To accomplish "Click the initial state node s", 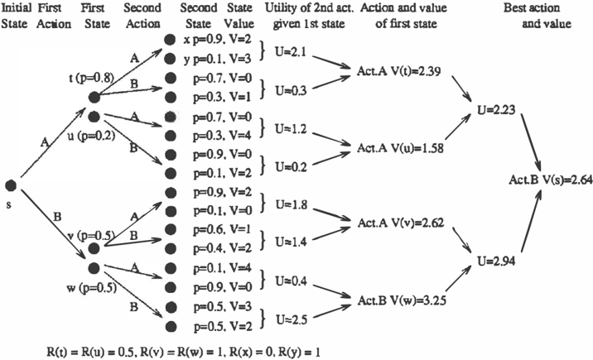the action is coord(11,185).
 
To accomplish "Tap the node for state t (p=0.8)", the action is coord(94,98).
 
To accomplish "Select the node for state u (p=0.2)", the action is coord(94,117).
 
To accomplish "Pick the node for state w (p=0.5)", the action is coord(94,268).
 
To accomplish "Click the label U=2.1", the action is coord(291,52).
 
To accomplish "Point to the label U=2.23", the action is coord(496,110).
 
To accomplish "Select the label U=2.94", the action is coord(496,261).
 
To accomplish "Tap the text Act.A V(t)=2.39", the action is coord(398,71).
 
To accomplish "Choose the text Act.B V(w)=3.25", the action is coord(402,300).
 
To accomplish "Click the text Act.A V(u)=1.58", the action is coord(400,148).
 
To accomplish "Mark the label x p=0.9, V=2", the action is coord(217,40).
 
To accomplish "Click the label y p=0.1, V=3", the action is coord(218,60).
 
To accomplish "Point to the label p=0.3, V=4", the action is coord(222,136).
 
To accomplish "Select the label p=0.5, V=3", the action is coord(222,306).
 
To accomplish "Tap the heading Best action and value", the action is coord(537,16).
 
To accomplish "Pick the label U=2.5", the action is coord(292,319).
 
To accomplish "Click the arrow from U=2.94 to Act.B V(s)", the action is coord(532,221).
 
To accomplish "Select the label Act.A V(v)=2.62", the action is coord(401,223).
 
